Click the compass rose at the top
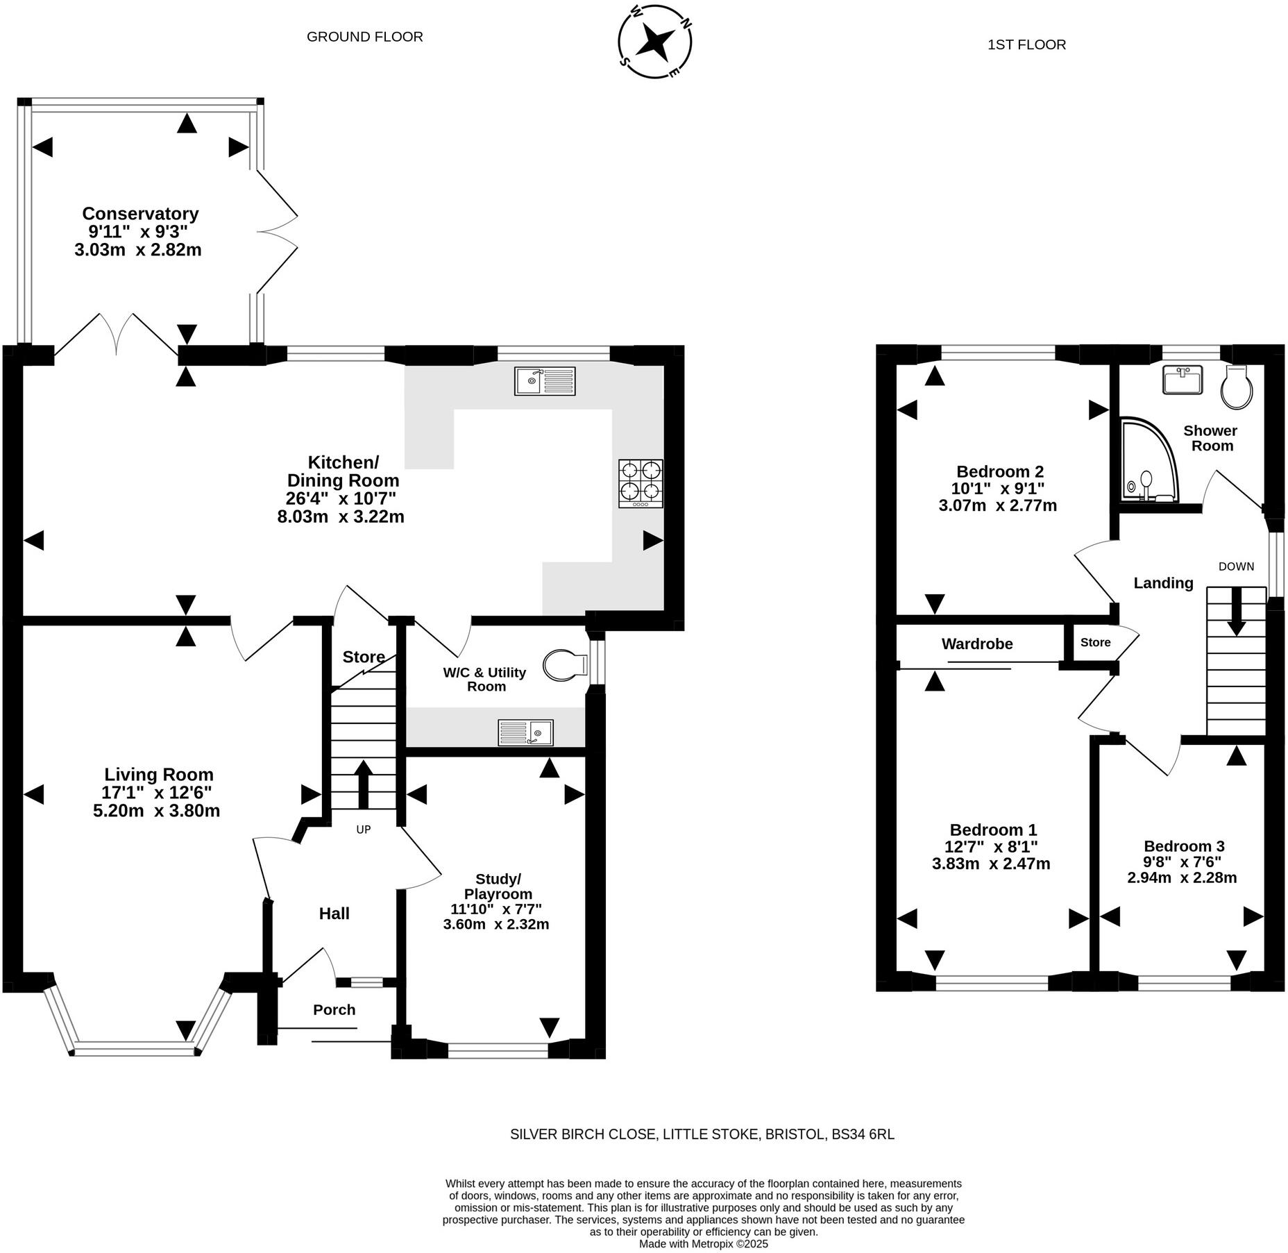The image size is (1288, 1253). coord(654,42)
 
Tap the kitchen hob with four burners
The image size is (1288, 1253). coord(641,483)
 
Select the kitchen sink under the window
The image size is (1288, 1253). coord(545,381)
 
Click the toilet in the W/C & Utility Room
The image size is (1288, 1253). coord(566,666)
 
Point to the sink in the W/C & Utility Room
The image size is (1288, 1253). coord(526,732)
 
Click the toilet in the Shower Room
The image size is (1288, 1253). coord(1237,386)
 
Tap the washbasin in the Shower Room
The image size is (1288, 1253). coord(1183,380)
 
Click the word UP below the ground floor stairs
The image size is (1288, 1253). coord(364,830)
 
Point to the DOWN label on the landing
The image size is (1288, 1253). coord(1236,566)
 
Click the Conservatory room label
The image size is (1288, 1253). coord(140,213)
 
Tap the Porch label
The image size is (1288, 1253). coord(334,1010)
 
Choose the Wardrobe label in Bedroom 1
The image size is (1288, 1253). coord(977,644)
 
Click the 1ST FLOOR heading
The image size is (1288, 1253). coord(1026,45)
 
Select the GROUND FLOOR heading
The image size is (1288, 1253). coord(365,37)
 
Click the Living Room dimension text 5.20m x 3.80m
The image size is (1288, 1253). coord(156,810)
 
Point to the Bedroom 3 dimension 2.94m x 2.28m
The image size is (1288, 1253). coord(1182,877)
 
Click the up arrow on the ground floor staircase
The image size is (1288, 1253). coord(363,784)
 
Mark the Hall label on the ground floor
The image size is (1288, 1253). coord(334,914)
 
